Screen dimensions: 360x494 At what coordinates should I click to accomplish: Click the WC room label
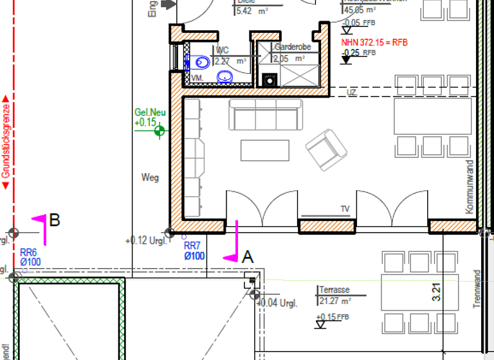click(x=223, y=50)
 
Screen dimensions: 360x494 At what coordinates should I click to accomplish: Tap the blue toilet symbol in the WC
click(x=200, y=62)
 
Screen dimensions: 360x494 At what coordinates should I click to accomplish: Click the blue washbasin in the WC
click(x=225, y=77)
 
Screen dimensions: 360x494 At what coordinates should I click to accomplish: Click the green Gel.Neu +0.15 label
click(x=150, y=117)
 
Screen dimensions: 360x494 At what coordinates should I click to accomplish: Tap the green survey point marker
click(x=159, y=132)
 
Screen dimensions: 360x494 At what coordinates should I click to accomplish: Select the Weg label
click(x=150, y=177)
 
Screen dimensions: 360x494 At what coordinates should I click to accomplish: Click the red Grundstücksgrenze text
click(x=6, y=142)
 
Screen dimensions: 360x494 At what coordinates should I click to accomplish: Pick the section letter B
click(x=55, y=221)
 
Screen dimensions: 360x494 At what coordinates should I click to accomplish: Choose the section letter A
click(x=248, y=257)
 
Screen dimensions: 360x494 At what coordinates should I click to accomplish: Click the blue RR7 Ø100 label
click(x=193, y=251)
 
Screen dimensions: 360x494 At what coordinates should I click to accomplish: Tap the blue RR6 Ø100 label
click(x=30, y=257)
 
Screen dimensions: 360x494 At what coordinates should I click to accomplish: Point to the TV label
click(x=345, y=209)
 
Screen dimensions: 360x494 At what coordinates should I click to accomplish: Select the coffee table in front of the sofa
click(x=264, y=150)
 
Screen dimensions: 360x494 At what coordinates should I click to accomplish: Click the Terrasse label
click(x=334, y=291)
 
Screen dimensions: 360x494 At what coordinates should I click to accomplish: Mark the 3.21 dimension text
click(x=437, y=292)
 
